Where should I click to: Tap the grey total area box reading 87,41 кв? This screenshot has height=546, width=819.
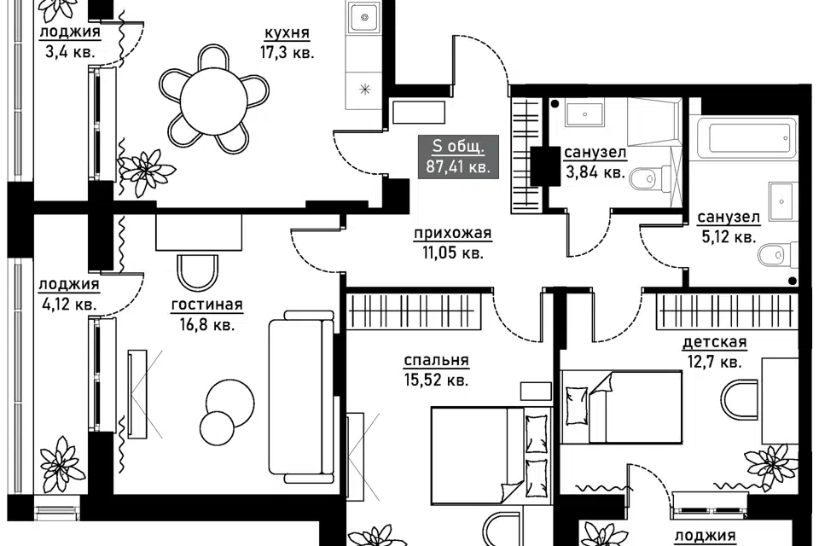point(458,157)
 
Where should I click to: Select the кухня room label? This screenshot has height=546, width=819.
point(287,33)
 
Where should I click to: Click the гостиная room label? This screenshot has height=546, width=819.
point(206,305)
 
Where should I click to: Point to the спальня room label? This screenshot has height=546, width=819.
point(436,360)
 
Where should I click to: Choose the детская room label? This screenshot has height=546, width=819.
point(715,342)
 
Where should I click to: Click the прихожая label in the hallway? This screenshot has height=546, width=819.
point(453,233)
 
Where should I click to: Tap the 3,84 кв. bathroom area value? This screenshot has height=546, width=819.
point(595,171)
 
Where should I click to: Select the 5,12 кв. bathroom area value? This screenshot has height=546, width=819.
point(728,237)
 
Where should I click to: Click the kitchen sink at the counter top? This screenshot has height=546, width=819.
point(365,17)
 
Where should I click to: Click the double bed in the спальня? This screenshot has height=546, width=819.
point(491,455)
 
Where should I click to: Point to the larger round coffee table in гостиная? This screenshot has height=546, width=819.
point(230,403)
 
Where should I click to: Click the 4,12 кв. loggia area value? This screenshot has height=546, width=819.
point(67,304)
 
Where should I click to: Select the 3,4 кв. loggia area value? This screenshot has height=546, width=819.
point(70,52)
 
